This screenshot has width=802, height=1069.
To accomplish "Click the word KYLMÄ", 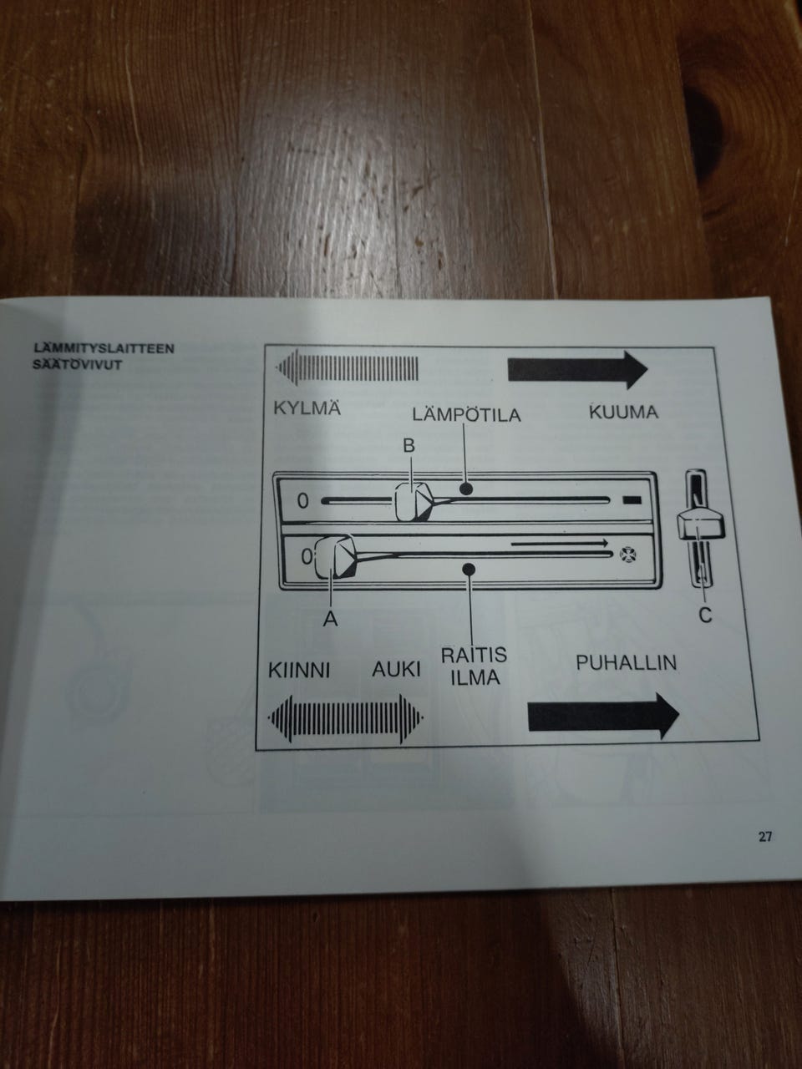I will [x=307, y=410].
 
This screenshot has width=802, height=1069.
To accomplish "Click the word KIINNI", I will [x=300, y=671].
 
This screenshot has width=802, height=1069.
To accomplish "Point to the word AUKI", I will [x=396, y=671].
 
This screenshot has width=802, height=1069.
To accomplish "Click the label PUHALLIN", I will [x=626, y=663].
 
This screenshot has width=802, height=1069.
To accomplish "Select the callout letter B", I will [x=409, y=447].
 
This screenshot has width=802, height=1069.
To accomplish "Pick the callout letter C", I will [x=705, y=616].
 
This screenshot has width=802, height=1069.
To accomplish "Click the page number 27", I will [x=765, y=836].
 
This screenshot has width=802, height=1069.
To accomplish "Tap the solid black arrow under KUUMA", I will [x=577, y=368].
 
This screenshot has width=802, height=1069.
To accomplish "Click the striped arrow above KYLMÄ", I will [x=348, y=367].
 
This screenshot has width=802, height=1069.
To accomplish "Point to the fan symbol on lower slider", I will [x=627, y=552].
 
